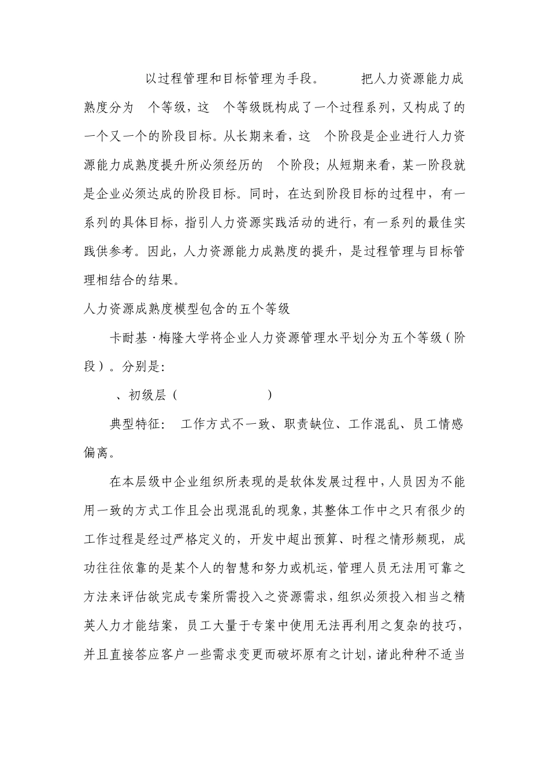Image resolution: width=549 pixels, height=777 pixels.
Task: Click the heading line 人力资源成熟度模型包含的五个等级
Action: click(x=187, y=309)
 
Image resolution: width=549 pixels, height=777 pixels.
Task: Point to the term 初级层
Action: click(x=147, y=395)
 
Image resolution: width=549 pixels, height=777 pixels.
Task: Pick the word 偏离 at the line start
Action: click(x=97, y=453)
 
